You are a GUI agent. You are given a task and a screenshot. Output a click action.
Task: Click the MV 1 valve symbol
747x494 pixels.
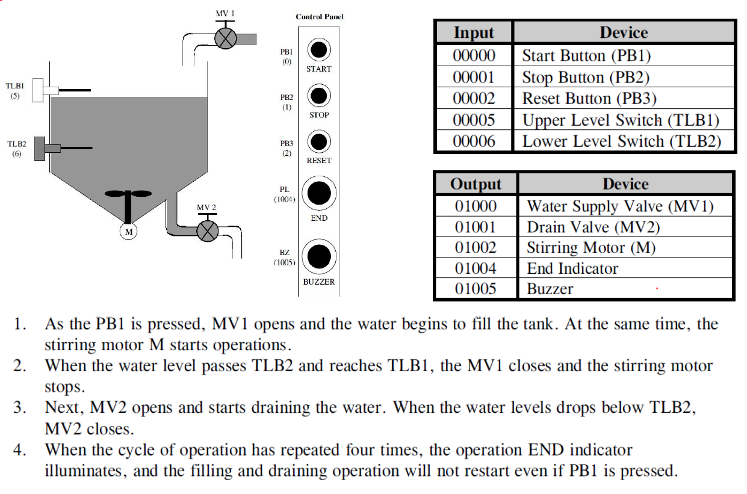coord(225,39)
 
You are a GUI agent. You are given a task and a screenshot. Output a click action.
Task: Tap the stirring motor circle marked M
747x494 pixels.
coord(128,230)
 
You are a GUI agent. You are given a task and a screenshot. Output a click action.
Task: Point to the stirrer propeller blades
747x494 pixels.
coord(128,195)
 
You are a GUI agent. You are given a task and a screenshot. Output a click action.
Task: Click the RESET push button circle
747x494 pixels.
coord(318,142)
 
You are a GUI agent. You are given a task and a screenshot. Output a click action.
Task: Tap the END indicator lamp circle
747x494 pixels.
coord(318,193)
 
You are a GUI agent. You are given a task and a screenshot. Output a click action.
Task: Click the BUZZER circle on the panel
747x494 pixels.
coord(318,257)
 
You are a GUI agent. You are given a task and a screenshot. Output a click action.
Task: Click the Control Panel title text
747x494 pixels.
coord(320,17)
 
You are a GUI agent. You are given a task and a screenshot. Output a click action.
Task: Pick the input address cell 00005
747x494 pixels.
coord(474,120)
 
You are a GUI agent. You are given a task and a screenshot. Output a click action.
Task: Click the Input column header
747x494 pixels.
coord(474,32)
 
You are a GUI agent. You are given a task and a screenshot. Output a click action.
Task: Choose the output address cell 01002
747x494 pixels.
coord(476,247)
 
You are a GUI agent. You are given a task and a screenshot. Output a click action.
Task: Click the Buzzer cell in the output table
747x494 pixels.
coord(550,289)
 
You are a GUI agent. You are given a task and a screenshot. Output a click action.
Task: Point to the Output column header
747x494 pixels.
coord(476,184)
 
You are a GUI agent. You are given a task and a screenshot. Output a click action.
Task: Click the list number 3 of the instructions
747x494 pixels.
coord(22,407)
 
